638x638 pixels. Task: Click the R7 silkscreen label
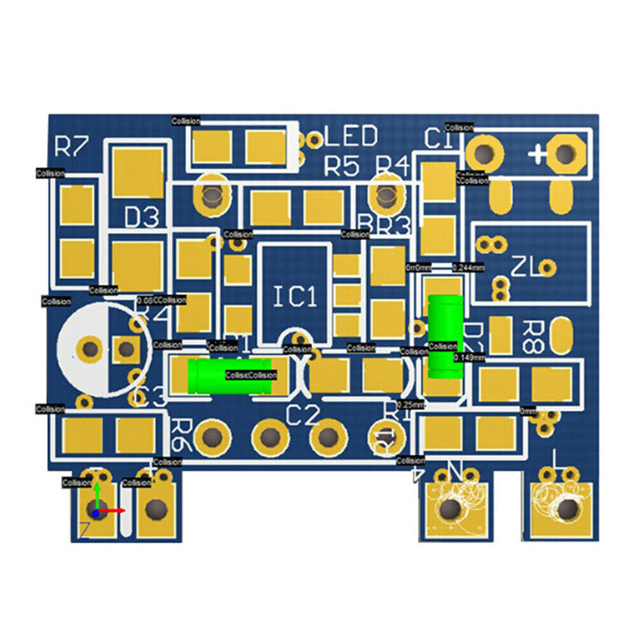[71, 146]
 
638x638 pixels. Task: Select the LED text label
[350, 136]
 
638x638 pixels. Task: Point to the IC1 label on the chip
[295, 297]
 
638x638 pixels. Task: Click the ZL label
[524, 265]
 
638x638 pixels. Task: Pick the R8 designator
[532, 337]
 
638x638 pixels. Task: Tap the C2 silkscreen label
[302, 415]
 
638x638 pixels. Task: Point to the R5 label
[342, 167]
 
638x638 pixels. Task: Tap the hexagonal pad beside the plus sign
[565, 153]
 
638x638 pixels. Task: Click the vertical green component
[444, 335]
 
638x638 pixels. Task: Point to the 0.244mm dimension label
[468, 267]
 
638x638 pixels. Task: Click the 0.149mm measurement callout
[468, 358]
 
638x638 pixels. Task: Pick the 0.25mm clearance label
[411, 405]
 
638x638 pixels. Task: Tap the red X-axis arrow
[116, 510]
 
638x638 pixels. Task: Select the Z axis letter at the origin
[84, 529]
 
